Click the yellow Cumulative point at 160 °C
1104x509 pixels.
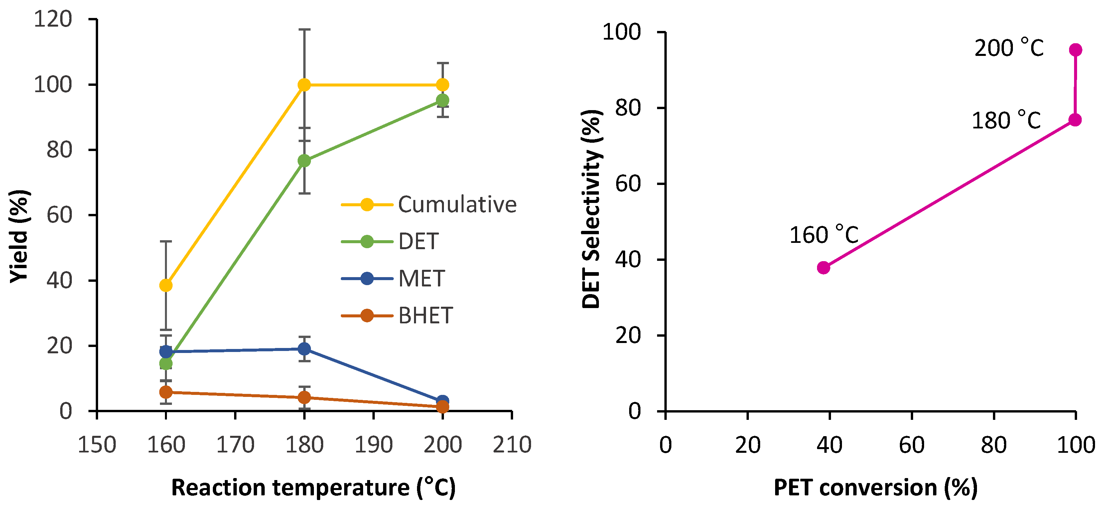(x=166, y=285)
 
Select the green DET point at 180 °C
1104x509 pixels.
(x=304, y=161)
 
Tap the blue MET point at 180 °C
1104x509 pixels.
(x=304, y=349)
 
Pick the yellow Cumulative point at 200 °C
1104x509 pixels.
(x=443, y=85)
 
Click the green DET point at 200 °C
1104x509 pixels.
(x=443, y=101)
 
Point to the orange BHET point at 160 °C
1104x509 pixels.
(x=166, y=392)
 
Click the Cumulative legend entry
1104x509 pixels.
(x=429, y=205)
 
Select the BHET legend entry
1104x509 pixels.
(x=397, y=316)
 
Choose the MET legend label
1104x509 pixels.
(x=422, y=279)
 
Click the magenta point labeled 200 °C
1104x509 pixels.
(x=1075, y=50)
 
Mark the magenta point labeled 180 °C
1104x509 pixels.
(x=1075, y=120)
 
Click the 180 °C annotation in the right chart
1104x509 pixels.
(x=1006, y=120)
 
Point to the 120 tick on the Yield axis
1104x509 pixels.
(x=53, y=19)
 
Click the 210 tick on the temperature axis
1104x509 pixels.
(x=512, y=445)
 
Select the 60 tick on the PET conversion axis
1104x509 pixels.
(x=911, y=445)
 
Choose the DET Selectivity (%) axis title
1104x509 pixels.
(x=592, y=209)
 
